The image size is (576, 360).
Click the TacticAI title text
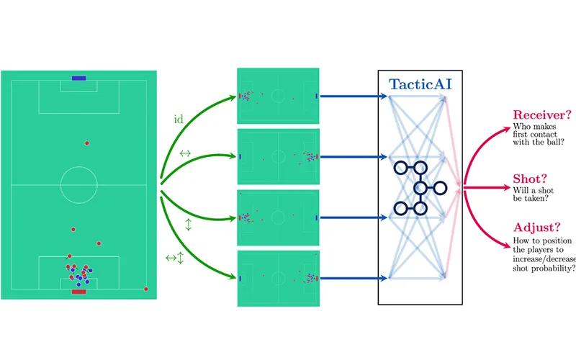click(420, 84)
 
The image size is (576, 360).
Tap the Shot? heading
click(530, 179)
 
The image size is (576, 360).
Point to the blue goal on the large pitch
click(78, 78)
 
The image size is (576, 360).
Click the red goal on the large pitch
click(78, 292)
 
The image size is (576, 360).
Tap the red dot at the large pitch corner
click(146, 289)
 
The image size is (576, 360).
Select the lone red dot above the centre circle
click(87, 143)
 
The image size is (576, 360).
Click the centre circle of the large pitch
click(78, 185)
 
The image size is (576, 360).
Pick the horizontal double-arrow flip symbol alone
click(185, 153)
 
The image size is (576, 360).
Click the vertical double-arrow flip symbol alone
click(189, 225)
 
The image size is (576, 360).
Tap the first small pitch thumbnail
click(278, 96)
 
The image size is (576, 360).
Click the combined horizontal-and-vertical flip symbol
click(175, 257)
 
